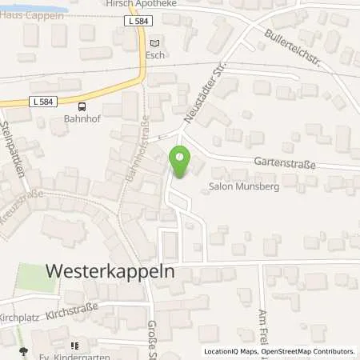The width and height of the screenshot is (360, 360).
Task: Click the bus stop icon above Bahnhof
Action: [82, 106]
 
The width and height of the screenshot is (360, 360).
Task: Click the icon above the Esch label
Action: [155, 43]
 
